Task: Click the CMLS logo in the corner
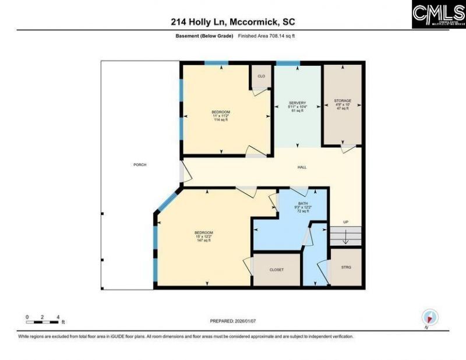438,15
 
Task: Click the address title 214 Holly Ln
232,22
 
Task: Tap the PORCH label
140,165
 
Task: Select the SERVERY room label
297,103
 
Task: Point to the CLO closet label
261,76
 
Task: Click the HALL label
302,167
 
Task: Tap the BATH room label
303,203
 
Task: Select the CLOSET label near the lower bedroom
277,270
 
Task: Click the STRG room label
347,268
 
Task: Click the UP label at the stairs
345,222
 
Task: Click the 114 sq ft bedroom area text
221,119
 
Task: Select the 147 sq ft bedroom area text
204,240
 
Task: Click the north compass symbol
430,317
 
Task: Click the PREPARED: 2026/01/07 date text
232,321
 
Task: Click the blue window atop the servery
287,63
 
